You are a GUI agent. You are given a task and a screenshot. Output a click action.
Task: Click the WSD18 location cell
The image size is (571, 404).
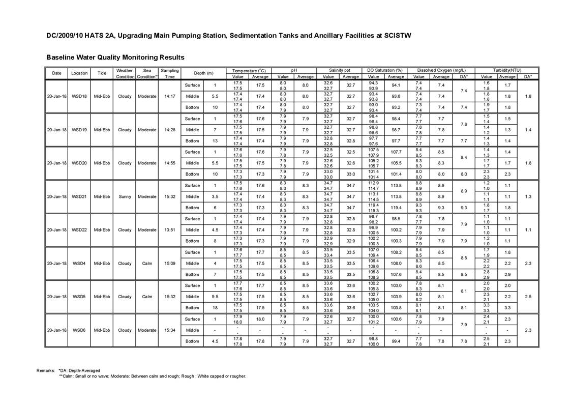click(x=79, y=96)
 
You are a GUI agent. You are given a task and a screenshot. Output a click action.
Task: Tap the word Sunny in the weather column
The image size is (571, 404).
click(x=125, y=196)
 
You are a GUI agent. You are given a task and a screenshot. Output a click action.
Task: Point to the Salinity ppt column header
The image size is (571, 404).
click(x=339, y=70)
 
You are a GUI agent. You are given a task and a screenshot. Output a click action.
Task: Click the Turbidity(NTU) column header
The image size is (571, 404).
click(x=506, y=70)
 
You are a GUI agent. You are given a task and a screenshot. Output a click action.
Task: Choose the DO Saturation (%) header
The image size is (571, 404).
click(x=384, y=70)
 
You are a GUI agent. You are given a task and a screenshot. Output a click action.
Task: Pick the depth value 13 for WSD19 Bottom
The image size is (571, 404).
click(x=215, y=141)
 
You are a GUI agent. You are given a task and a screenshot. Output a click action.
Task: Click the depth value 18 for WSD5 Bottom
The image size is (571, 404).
click(x=215, y=308)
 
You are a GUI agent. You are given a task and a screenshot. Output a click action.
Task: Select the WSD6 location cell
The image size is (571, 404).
click(x=79, y=330)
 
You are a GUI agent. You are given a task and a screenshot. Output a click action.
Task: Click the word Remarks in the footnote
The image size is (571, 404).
click(x=45, y=370)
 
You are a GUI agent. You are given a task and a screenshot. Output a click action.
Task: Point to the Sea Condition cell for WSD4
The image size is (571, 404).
click(x=147, y=264)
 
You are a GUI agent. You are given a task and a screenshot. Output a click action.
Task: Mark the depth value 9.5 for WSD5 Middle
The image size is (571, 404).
click(x=215, y=297)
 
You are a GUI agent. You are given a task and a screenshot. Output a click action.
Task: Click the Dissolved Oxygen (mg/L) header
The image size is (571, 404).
click(x=441, y=70)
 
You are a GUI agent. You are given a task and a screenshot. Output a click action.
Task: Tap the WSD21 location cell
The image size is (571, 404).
click(x=79, y=196)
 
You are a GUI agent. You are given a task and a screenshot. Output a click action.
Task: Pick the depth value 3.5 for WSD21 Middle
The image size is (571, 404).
click(x=215, y=196)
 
